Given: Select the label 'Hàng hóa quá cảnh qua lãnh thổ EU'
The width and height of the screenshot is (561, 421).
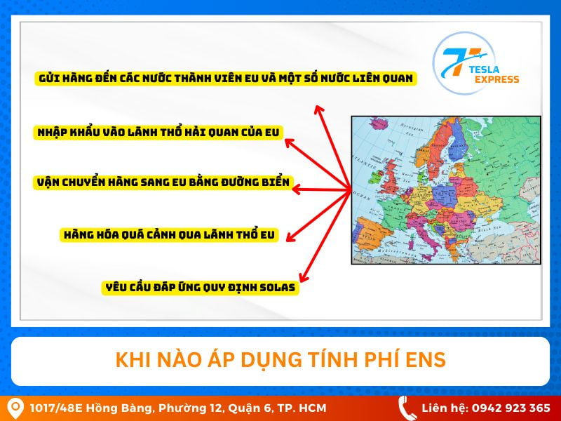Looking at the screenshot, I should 169,235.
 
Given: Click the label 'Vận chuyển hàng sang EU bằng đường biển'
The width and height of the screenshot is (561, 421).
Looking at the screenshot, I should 163,182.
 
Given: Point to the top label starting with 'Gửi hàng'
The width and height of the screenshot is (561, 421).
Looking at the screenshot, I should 225,78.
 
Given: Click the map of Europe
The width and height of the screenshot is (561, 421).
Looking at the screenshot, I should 445,189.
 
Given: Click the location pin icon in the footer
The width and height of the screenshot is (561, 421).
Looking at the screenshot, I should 13,408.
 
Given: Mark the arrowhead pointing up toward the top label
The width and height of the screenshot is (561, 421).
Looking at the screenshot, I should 318,109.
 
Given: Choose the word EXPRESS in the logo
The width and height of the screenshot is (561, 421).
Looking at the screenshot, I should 495,79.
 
